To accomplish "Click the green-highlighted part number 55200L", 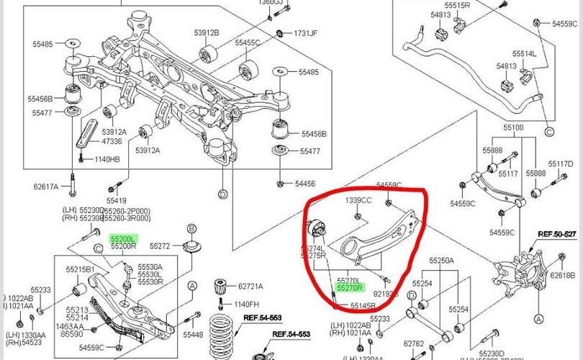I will point(122,237).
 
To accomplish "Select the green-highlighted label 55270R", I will point(350,285).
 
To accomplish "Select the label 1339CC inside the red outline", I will point(358,200).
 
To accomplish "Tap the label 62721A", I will point(250,285).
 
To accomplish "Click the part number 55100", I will point(513,127).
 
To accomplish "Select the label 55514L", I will point(524,54).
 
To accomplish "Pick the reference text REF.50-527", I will point(559,235).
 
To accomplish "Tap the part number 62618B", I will point(562,275).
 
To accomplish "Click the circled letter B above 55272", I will point(191,229).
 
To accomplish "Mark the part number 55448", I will point(194,335).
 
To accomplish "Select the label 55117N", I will point(561,163).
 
